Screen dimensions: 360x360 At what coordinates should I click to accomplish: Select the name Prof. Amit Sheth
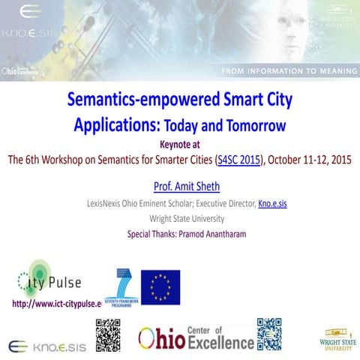coord(180,185)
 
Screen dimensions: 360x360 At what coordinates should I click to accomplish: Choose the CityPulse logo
coord(46,281)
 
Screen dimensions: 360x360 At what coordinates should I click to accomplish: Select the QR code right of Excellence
coord(269,334)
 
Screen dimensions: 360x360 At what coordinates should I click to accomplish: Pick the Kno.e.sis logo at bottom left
coord(46,346)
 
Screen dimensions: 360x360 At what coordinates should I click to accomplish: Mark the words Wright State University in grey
coord(180,219)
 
